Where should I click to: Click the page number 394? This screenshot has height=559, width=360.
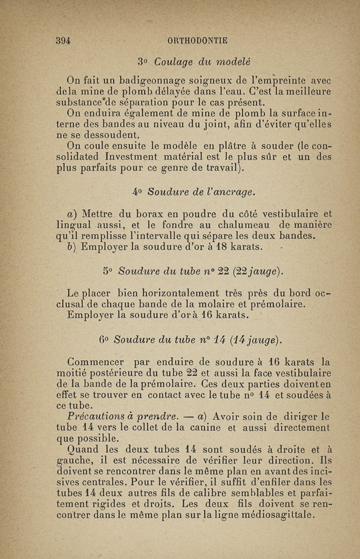pyautogui.click(x=64, y=40)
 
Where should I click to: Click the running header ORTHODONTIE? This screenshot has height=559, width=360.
pyautogui.click(x=197, y=40)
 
